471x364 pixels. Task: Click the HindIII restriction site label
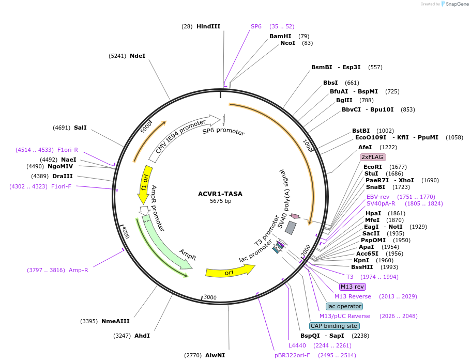point(208,26)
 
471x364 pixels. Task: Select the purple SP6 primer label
point(256,26)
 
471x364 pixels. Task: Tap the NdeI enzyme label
point(138,56)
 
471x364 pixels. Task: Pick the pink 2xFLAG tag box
point(373,157)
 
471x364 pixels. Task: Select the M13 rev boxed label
point(352,287)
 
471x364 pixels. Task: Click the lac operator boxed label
point(344,306)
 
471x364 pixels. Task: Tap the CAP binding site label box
point(334,326)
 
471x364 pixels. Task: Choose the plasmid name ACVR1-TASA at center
point(220,194)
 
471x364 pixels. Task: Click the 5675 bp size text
point(220,201)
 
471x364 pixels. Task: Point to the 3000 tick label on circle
point(209,297)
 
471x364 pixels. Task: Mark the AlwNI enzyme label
point(215,355)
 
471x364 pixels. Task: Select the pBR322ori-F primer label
point(292,355)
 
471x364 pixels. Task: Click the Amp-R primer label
point(79,270)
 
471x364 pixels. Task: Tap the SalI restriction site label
point(80,128)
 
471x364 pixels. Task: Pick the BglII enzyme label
point(344,100)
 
